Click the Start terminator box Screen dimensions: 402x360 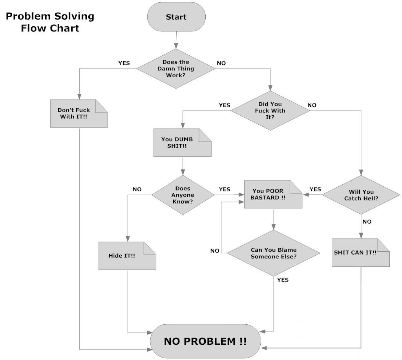coord(176,17)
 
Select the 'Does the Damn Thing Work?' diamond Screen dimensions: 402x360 coord(176,69)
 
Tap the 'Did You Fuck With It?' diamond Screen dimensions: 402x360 coord(270,111)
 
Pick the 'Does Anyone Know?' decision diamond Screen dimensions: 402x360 coord(183,195)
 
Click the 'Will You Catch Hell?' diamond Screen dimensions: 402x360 coord(361,195)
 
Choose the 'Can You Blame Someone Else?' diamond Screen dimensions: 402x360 coord(274,253)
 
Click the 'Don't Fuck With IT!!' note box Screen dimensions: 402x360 coord(79,113)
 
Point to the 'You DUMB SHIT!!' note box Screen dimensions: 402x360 coord(182,143)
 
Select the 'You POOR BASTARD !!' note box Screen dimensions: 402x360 coord(273,195)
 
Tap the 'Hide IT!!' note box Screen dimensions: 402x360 coord(127,256)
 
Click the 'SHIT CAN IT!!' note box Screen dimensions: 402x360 coord(360,253)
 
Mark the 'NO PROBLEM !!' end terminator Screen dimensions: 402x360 coord(205,341)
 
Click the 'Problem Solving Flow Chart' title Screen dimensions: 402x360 coord(50,22)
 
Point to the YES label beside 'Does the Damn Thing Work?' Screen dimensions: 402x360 coord(124,63)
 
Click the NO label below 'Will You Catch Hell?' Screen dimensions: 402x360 coord(367,222)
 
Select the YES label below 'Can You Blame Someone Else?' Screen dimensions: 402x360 coord(283,280)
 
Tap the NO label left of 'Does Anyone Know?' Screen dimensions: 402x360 coord(137,189)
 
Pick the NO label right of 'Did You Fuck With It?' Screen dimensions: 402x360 coord(312,105)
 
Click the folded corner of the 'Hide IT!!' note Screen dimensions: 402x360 coord(149,248)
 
